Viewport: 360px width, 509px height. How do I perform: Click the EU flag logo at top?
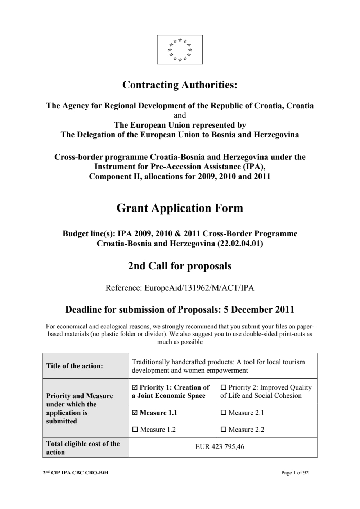tap(180, 50)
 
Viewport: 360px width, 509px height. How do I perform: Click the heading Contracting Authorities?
tap(180, 85)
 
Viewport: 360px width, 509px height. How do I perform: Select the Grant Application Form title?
tap(180, 208)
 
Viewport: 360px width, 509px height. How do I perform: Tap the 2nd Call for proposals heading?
tap(180, 266)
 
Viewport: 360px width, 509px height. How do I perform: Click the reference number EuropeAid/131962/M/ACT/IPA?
tap(199, 288)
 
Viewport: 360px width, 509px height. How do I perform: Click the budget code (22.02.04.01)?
tap(240, 244)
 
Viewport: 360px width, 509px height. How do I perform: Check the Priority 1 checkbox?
tap(135, 387)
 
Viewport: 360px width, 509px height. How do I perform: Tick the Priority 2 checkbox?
tap(223, 387)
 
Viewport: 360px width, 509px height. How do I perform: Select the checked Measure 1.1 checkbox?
tap(135, 413)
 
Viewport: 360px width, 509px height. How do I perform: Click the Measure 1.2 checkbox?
tap(135, 430)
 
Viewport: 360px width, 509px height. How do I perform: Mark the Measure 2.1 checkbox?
tap(223, 413)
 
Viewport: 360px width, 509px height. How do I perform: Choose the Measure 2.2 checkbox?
tap(223, 430)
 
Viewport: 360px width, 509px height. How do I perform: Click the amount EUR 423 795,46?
tap(220, 447)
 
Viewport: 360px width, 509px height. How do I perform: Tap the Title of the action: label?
tap(75, 366)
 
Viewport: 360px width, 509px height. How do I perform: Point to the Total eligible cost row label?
tap(83, 448)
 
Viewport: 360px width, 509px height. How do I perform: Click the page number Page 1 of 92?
tap(294, 473)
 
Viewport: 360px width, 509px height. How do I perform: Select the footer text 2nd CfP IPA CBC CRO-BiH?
tap(75, 473)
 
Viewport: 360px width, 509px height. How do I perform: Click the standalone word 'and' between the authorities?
tap(180, 115)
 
